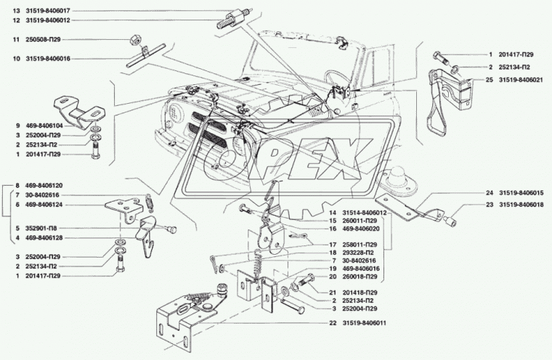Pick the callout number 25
(480, 80)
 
